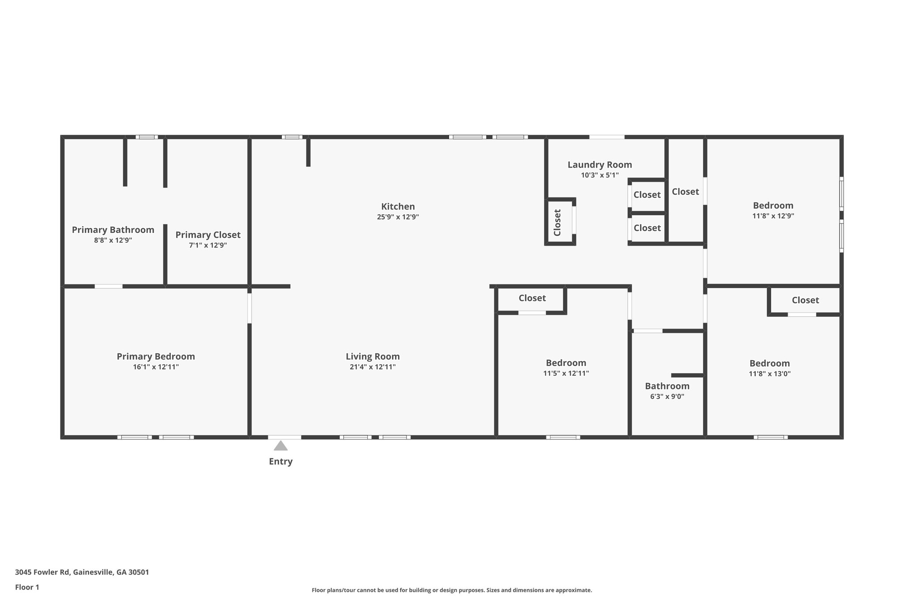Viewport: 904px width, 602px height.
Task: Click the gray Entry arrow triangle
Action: coord(281,446)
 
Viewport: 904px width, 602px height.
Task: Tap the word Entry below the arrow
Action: coord(281,462)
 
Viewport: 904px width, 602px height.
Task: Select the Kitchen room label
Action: coord(398,206)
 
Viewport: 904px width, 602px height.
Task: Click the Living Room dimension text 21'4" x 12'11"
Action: coord(373,367)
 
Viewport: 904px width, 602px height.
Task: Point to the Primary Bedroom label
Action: coord(155,356)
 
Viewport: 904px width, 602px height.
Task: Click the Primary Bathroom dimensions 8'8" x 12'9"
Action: coord(113,240)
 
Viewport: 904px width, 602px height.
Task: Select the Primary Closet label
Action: coord(208,235)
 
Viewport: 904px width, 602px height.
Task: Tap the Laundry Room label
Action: coord(599,165)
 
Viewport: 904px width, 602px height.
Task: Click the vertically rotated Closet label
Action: coord(557,222)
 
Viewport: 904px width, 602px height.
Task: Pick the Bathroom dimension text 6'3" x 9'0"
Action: coord(667,396)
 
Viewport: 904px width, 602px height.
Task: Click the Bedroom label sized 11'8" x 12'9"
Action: coord(773,206)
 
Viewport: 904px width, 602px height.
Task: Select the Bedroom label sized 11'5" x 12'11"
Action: coord(566,363)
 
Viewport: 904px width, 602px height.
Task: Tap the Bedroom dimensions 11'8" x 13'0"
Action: coord(769,374)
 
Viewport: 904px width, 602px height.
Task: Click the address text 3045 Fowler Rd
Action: coord(82,572)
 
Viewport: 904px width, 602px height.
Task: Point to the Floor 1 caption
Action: coord(27,587)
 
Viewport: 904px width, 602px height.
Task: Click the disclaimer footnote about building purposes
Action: coord(452,590)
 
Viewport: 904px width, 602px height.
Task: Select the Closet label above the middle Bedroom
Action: coord(532,298)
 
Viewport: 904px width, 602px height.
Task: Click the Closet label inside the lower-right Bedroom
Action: coord(805,300)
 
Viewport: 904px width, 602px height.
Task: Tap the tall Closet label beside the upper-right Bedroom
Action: coord(685,191)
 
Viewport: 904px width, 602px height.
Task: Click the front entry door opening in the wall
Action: coord(284,437)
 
